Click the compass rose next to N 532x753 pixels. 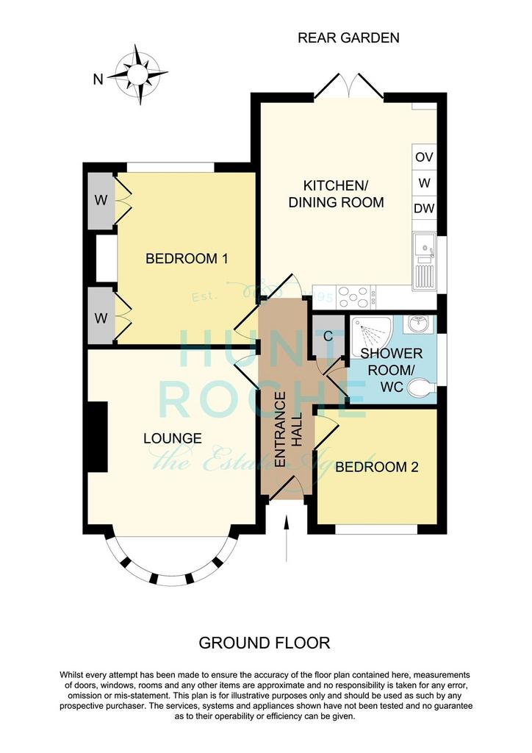tap(137, 74)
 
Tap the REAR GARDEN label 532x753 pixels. tap(348, 38)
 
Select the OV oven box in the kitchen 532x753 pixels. tap(424, 157)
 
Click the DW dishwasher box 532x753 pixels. tap(424, 208)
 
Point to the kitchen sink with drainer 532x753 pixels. tap(425, 259)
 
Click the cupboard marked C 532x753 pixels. tap(328, 335)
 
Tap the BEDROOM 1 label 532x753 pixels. tap(187, 259)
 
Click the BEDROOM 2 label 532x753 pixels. tap(376, 467)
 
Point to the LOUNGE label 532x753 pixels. tap(173, 438)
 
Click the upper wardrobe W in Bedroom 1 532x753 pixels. tap(101, 199)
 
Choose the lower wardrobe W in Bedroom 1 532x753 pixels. tap(101, 318)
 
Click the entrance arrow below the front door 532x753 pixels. tap(287, 538)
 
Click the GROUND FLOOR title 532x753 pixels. tap(265, 643)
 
